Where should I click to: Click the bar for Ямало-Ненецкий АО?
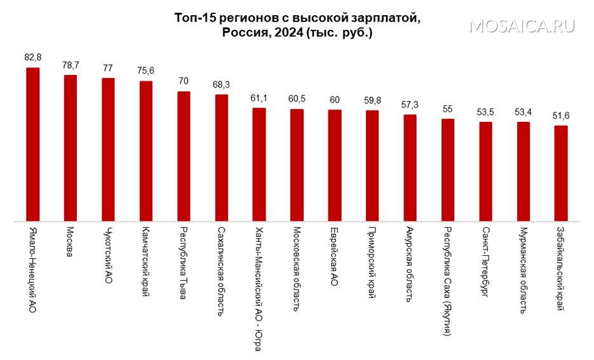(32, 145)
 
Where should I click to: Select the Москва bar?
(71, 149)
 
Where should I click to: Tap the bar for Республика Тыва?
(184, 157)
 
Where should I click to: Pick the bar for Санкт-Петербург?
(485, 172)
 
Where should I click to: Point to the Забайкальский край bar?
(561, 174)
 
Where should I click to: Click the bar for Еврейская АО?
(335, 166)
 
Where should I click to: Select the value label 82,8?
(32, 57)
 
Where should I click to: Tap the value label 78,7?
(71, 65)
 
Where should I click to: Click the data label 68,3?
(221, 84)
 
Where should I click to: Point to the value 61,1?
(259, 98)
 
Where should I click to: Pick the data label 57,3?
(410, 104)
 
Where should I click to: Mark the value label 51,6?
(561, 116)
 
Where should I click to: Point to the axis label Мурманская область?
(523, 269)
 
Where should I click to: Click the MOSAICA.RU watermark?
(523, 26)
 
